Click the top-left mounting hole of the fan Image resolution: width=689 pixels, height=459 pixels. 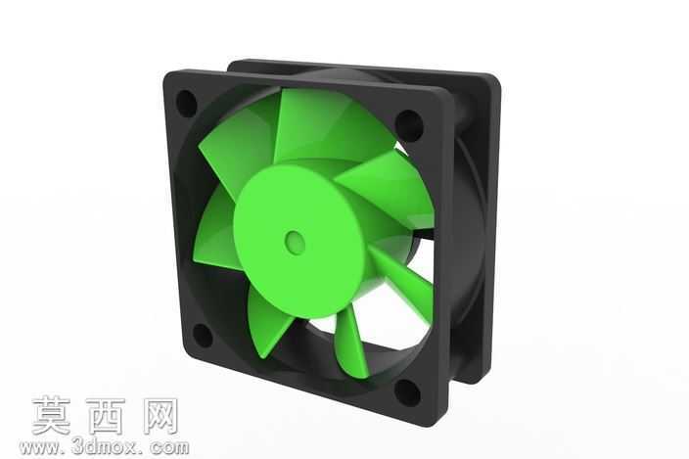click(x=186, y=103)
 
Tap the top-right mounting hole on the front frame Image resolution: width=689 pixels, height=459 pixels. click(x=409, y=125)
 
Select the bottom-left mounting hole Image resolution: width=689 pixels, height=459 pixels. click(x=203, y=335)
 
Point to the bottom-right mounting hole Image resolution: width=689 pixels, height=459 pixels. click(x=407, y=392)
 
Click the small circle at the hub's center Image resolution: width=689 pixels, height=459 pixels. click(x=295, y=241)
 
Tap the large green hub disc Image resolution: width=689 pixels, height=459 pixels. click(x=299, y=241)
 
